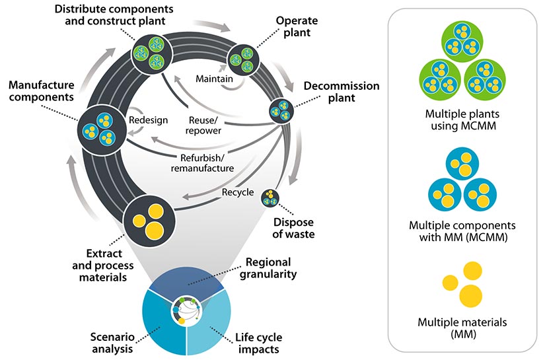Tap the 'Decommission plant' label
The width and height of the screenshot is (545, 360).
tap(341, 92)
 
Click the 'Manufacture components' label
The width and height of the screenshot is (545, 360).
tap(40, 92)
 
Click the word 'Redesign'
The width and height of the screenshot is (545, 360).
tap(149, 121)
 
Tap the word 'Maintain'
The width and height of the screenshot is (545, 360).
tap(215, 79)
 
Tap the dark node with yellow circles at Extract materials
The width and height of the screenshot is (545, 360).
tap(150, 219)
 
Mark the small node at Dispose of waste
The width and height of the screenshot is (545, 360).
tap(271, 198)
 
